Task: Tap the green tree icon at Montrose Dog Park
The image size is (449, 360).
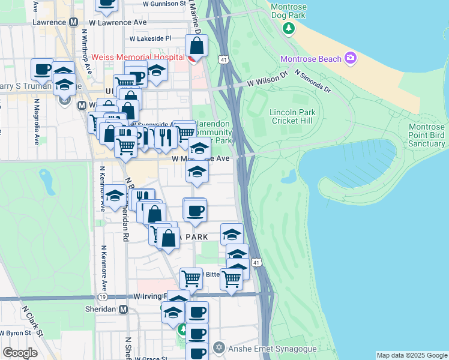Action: pyautogui.click(x=289, y=28)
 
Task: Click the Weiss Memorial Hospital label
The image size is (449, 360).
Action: pyautogui.click(x=137, y=59)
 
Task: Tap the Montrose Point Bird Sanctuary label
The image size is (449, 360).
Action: pyautogui.click(x=426, y=135)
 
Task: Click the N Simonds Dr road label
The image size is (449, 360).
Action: pyautogui.click(x=312, y=81)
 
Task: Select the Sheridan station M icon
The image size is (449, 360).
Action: pyautogui.click(x=123, y=310)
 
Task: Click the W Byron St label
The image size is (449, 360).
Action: pyautogui.click(x=16, y=332)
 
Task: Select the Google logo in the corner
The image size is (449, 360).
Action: pyautogui.click(x=20, y=353)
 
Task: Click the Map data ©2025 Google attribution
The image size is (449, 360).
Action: pyautogui.click(x=411, y=355)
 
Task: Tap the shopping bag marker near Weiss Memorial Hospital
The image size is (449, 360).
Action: pyautogui.click(x=196, y=46)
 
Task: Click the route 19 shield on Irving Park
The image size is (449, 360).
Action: pyautogui.click(x=103, y=297)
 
